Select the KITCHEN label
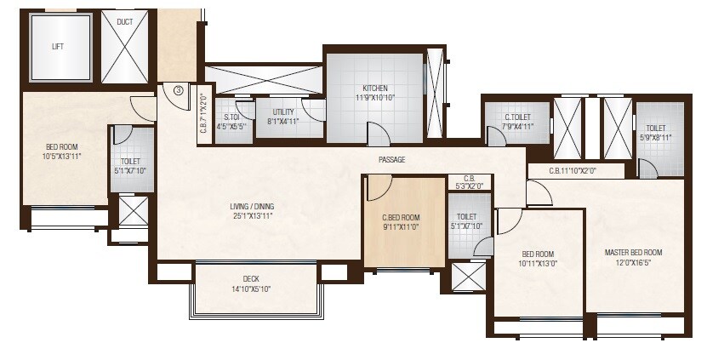(x=375, y=88)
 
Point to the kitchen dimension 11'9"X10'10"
(x=375, y=98)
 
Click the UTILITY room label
(x=283, y=111)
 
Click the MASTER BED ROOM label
(x=633, y=253)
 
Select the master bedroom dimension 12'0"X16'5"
(x=633, y=263)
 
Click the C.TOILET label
(x=518, y=117)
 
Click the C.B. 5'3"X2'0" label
(x=469, y=181)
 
